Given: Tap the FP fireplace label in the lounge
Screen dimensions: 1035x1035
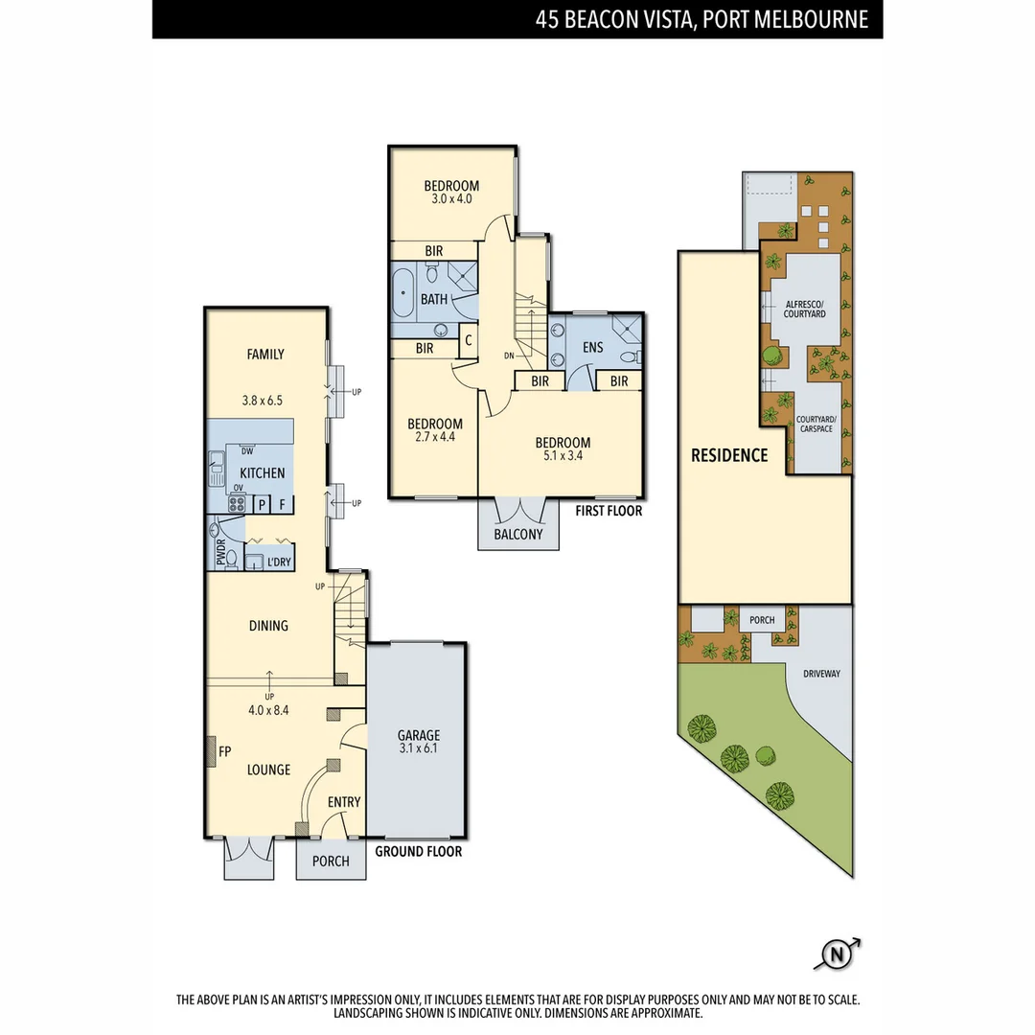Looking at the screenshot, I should [225, 751].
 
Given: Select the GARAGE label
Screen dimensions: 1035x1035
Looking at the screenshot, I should [419, 736].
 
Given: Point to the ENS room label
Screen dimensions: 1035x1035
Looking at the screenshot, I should [592, 347].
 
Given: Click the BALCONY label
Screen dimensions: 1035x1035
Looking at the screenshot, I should [517, 534].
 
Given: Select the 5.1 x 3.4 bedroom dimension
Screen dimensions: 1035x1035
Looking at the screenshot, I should [563, 456].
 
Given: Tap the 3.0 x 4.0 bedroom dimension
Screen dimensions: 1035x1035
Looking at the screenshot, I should [452, 199].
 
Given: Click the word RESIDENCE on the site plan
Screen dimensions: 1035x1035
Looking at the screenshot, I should [729, 455].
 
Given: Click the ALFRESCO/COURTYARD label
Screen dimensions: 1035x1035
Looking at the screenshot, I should [805, 308].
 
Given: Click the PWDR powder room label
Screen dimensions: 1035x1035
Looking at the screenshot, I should [219, 554].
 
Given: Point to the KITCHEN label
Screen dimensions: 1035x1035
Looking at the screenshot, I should [262, 472].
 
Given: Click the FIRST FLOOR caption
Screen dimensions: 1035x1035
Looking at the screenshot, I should [609, 511].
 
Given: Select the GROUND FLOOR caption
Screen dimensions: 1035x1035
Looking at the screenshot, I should [418, 851].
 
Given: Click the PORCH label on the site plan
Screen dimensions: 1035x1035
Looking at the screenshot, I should [762, 620].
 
